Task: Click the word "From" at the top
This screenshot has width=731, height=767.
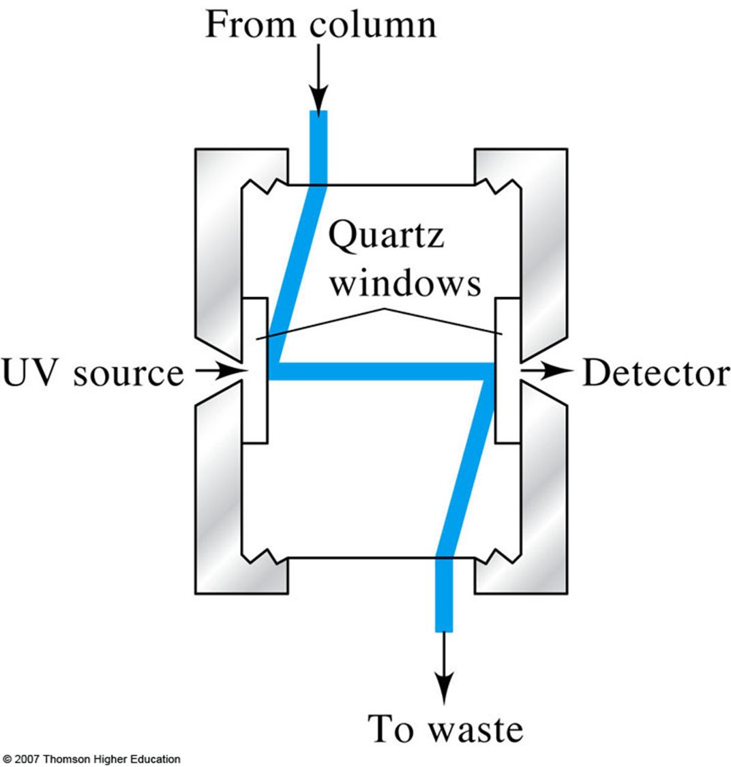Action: pos(251,25)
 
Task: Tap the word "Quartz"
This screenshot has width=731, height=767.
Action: pos(386,236)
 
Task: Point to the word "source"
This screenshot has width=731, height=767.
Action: pos(128,374)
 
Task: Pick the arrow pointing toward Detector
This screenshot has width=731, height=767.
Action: pos(548,369)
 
